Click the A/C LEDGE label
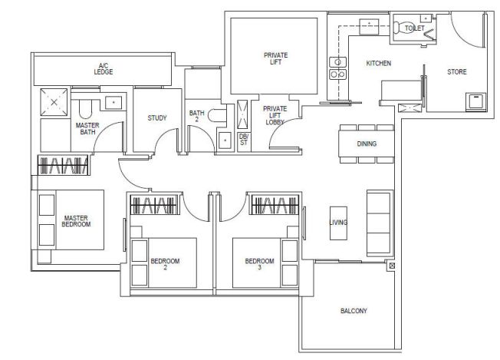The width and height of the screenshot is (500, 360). coord(104,69)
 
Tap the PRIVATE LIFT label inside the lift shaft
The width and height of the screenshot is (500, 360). coord(275,58)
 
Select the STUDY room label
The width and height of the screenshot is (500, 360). coord(157,118)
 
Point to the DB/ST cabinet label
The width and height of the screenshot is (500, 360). coord(244,140)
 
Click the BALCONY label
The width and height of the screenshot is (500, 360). coord(354,311)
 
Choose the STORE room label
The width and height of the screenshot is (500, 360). coord(456,72)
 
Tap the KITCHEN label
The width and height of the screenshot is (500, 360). coord(379,63)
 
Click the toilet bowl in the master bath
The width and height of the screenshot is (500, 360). coord(85,109)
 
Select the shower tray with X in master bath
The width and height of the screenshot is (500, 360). coord(54,102)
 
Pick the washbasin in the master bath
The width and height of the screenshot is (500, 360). coord(113,102)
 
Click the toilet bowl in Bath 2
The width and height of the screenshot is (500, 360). coord(217,115)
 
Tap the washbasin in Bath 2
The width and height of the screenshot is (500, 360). coord(225,140)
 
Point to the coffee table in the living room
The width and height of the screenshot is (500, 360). coord(338,223)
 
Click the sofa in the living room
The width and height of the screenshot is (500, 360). coord(379,223)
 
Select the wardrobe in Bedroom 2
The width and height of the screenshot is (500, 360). coord(153,205)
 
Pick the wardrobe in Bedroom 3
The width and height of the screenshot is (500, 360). coord(275,205)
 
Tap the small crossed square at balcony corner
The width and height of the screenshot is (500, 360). coord(392,266)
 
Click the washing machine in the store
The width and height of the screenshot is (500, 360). coord(475,101)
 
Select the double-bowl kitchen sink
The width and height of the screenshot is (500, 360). coord(337,68)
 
